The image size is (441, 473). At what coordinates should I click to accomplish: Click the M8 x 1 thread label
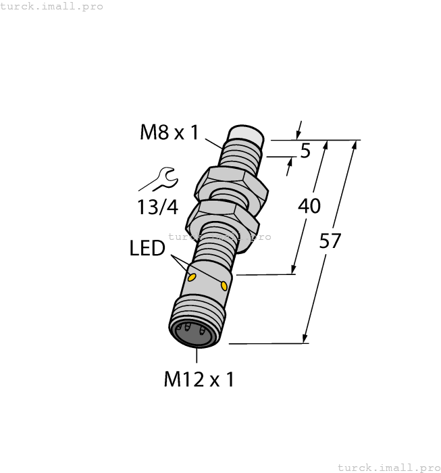[x=169, y=132]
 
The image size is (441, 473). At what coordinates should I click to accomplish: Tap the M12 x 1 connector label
[x=199, y=380]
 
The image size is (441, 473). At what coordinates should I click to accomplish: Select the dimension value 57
[x=331, y=241]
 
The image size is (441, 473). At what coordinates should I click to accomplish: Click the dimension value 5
[x=305, y=151]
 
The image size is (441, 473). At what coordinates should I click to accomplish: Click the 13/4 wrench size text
[x=157, y=207]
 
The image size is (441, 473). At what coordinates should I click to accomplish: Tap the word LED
[x=147, y=249]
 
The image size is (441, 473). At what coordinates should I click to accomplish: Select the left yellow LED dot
[x=192, y=277]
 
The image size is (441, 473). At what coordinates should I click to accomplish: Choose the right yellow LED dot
[x=224, y=287]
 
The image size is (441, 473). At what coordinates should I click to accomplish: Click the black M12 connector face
[x=194, y=332]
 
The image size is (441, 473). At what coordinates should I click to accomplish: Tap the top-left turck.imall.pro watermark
[x=52, y=6]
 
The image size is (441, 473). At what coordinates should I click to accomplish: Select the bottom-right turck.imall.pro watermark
[x=388, y=467]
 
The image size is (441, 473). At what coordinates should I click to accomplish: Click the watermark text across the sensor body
[x=219, y=236]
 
